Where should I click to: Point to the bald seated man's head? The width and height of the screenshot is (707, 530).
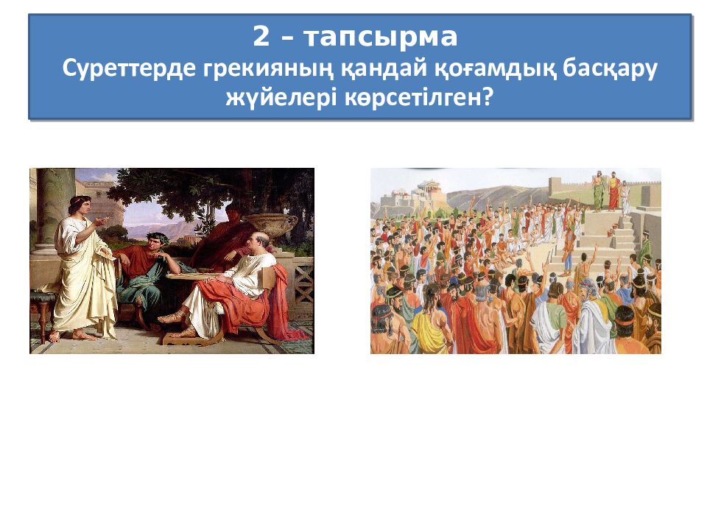click(x=258, y=240)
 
